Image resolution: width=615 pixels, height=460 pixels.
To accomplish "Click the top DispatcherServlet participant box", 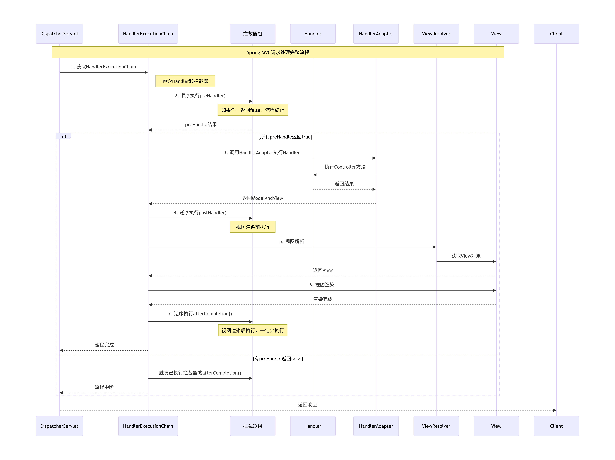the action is [x=59, y=34].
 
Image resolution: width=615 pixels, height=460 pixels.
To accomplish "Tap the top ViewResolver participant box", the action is [x=436, y=34].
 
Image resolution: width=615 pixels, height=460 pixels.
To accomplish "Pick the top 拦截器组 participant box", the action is [x=252, y=34].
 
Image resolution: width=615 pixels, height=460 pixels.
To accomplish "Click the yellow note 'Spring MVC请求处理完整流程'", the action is [x=278, y=52].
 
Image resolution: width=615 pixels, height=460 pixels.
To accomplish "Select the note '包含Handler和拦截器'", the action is [x=185, y=81].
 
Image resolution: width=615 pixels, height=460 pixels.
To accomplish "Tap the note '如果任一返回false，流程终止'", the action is [x=252, y=110].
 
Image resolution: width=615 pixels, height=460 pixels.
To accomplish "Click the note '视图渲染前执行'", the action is [x=252, y=227].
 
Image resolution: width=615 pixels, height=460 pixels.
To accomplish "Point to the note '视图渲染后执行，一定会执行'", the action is [x=252, y=331].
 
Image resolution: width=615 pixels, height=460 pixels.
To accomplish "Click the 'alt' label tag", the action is [x=63, y=136].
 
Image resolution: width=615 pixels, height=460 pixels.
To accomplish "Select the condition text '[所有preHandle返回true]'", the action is [x=285, y=137].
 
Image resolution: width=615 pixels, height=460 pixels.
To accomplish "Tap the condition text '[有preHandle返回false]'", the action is [x=278, y=359].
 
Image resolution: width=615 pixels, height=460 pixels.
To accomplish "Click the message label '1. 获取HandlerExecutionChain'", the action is [x=103, y=67].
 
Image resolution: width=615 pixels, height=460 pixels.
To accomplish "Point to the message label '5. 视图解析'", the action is [x=292, y=241].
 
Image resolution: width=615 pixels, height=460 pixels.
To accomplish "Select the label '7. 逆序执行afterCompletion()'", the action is [x=200, y=313].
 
